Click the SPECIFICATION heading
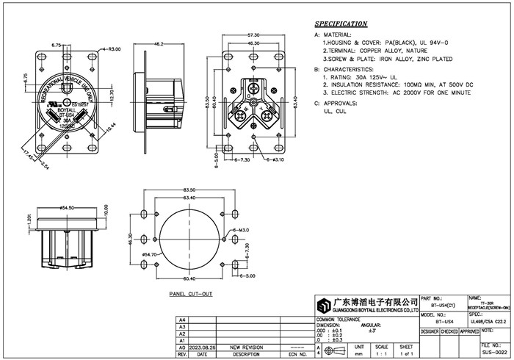coord(341,24)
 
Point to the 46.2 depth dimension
coord(158,44)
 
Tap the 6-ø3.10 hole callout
coord(273,159)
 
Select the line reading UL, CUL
coord(334,112)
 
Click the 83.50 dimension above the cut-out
coord(189,190)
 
